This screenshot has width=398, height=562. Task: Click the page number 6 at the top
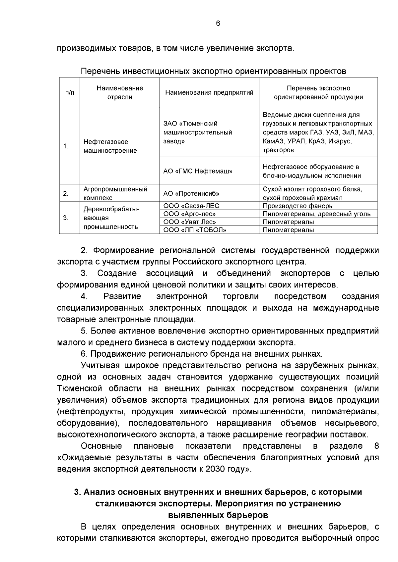click(218, 23)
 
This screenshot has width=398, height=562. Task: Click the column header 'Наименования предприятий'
click(209, 93)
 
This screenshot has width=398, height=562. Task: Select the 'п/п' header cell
click(70, 93)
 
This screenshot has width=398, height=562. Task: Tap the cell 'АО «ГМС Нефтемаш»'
click(198, 171)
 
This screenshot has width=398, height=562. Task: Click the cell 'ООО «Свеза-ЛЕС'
click(191, 206)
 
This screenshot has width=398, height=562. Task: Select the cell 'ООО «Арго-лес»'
click(190, 214)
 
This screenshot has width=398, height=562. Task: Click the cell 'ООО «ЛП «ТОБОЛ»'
click(195, 230)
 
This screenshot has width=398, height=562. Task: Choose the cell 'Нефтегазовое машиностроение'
click(110, 146)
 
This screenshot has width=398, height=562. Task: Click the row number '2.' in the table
click(66, 194)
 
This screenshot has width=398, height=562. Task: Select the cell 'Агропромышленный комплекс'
click(115, 194)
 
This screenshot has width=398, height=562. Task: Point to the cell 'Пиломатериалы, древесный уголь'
click(316, 214)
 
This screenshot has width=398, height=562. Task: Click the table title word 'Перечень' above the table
click(100, 71)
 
